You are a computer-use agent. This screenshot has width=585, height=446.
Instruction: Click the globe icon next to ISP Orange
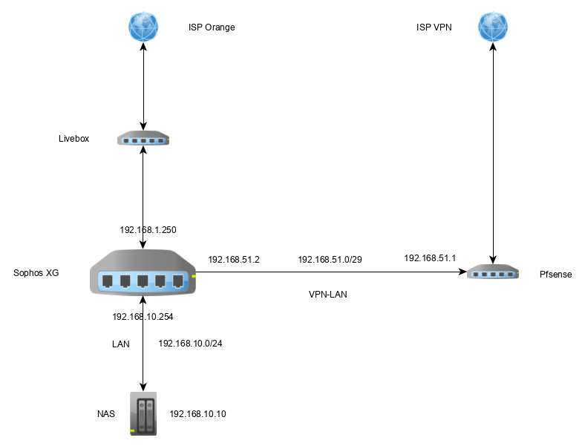(x=143, y=27)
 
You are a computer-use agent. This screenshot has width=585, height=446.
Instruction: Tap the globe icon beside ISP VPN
(x=493, y=27)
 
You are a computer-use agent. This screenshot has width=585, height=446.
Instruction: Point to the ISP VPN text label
(x=434, y=27)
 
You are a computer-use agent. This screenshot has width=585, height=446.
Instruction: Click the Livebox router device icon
(x=143, y=139)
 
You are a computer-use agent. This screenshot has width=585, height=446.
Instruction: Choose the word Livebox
(x=73, y=138)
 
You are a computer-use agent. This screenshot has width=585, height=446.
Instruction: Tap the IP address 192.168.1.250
(x=148, y=230)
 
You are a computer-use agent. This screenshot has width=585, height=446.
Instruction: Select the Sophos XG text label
(x=36, y=273)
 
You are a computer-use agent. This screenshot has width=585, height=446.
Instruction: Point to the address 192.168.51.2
(x=234, y=260)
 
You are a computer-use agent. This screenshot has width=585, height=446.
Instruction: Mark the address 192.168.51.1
(x=430, y=258)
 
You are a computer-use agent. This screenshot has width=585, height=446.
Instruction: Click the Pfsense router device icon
(x=493, y=273)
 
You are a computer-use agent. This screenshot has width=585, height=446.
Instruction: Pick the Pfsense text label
(x=557, y=275)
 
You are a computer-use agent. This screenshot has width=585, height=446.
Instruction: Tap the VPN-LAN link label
(x=328, y=294)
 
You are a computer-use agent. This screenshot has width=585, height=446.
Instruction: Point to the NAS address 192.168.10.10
(x=197, y=413)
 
